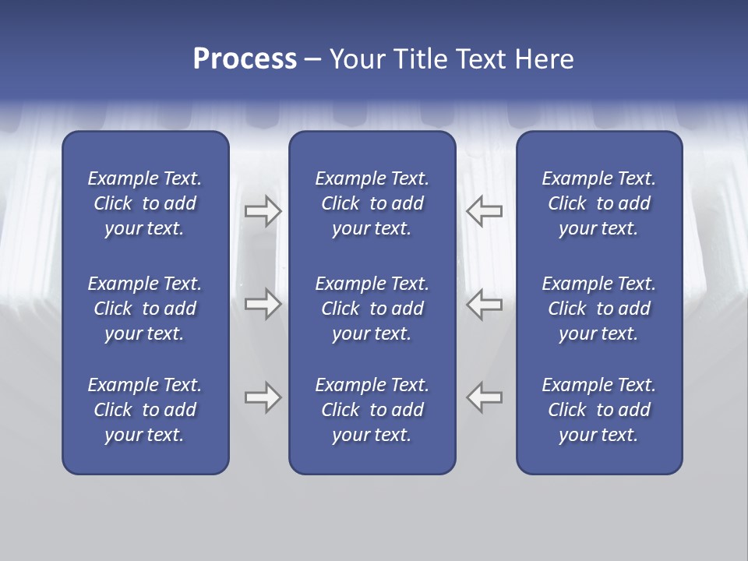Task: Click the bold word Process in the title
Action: tap(245, 59)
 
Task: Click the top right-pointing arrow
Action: tap(263, 211)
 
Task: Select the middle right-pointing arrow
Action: tap(263, 304)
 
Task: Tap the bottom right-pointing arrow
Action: tap(263, 397)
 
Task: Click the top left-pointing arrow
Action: tap(485, 211)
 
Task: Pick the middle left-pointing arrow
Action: tap(485, 304)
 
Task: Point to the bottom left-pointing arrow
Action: tap(485, 397)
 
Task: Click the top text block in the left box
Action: tap(145, 203)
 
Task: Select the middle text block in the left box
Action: tap(145, 309)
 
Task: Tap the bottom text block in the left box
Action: tap(145, 410)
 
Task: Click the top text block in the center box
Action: tap(372, 203)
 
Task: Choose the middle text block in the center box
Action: tap(372, 309)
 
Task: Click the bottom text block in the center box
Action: tap(372, 410)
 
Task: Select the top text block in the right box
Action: tap(598, 203)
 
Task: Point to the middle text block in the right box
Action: tap(598, 309)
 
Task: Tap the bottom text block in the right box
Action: tap(598, 410)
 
